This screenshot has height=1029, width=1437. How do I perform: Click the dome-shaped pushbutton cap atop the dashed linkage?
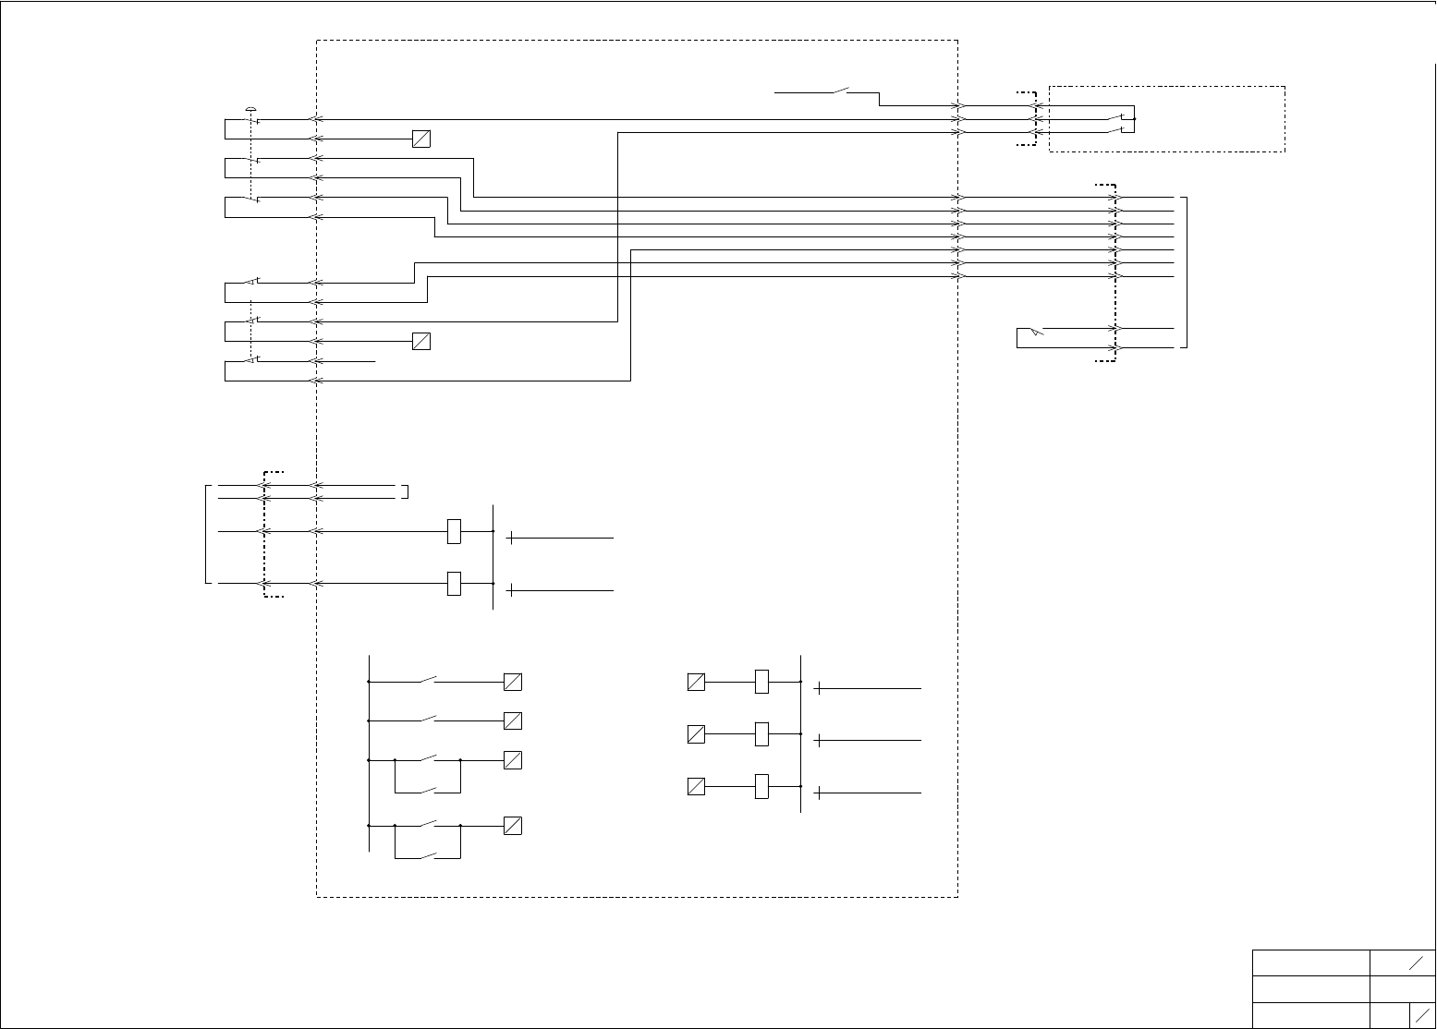[x=250, y=110]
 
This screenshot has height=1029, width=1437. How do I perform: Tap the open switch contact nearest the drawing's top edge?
[x=841, y=91]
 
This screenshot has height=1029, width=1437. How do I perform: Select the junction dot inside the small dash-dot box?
[x=1135, y=119]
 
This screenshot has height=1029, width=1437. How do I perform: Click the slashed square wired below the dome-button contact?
[x=420, y=139]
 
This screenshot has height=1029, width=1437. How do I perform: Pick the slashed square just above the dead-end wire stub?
[x=420, y=342]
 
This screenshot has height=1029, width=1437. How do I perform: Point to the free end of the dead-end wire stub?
[x=375, y=361]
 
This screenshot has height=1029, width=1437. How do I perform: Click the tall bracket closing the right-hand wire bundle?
[x=1185, y=272]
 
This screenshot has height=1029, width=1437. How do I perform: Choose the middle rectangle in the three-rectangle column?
[x=761, y=734]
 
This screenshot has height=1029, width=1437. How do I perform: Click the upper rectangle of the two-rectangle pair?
[x=454, y=531]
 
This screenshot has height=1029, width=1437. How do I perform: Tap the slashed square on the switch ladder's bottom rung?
[x=512, y=826]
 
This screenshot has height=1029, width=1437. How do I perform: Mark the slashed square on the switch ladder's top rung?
[x=512, y=682]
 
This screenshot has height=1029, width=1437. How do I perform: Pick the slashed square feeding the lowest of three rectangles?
[x=696, y=787]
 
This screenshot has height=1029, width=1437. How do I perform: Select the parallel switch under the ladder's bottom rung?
[x=428, y=856]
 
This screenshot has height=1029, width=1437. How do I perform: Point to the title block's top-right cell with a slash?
[x=1402, y=962]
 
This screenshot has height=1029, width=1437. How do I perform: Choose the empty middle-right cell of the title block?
[x=1402, y=989]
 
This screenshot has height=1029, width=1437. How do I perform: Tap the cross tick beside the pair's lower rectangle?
[x=510, y=590]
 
